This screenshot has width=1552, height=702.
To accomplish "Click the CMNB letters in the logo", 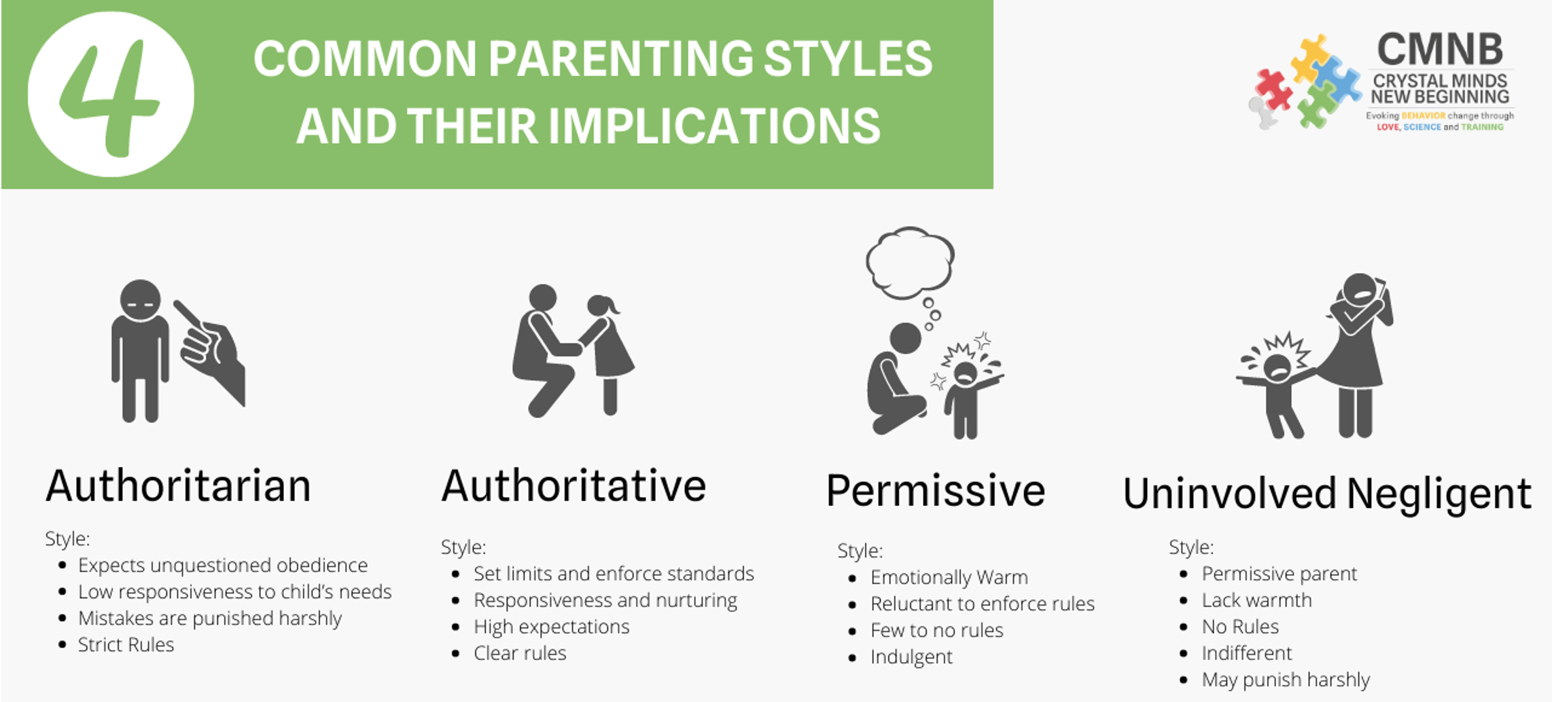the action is (x=1440, y=50).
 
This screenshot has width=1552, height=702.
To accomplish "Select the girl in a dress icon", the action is (x=606, y=354).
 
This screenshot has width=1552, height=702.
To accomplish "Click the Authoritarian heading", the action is (x=178, y=486).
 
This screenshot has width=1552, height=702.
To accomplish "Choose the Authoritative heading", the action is (x=574, y=486).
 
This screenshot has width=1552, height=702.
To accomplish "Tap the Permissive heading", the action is (x=935, y=490).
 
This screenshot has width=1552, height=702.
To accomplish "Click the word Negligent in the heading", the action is (x=1439, y=495).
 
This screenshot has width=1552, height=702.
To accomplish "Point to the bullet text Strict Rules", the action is (x=126, y=644).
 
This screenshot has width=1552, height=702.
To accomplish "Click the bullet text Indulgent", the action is (x=911, y=657).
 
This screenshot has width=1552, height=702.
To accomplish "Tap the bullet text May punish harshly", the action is (x=1286, y=680).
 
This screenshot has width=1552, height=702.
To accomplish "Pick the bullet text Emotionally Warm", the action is (x=949, y=578).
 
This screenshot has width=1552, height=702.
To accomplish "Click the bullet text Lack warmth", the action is (x=1256, y=600).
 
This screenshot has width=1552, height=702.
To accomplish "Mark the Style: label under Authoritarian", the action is (x=67, y=539).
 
